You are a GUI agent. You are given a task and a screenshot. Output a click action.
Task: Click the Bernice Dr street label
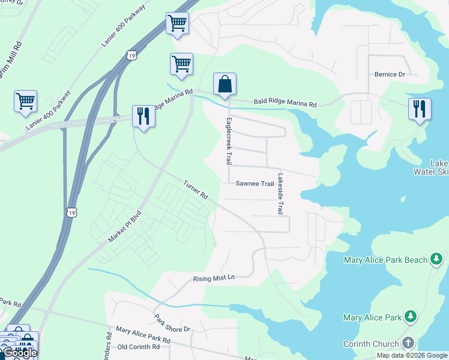pos(390,74)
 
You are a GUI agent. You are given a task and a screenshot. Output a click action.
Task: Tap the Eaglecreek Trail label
pos(228,142)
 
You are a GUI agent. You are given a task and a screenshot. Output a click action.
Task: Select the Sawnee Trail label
pos(255,184)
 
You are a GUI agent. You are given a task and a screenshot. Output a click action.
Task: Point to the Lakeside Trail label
pos(280,194)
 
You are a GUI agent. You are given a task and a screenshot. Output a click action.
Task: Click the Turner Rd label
pos(196,190)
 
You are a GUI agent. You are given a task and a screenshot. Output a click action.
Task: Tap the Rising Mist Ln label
pos(213,279)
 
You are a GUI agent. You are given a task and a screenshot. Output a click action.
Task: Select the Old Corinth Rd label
pos(139,347)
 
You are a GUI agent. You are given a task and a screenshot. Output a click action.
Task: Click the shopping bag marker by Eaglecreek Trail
pos(224,85)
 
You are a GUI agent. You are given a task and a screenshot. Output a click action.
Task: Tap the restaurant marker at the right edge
pos(419,109)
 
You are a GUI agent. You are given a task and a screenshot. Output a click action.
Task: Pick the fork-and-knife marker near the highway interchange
pos(143,115)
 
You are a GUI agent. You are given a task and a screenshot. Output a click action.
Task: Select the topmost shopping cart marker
pos(177,23)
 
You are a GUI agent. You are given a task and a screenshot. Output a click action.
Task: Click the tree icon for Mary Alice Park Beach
pos(437,260)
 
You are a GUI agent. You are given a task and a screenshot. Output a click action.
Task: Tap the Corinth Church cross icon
pos(408,344)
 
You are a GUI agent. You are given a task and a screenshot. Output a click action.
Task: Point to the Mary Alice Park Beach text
pos(385,260)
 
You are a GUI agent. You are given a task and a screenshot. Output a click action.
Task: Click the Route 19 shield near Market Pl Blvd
pos(72,212)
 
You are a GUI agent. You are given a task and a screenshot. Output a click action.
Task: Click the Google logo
pos(20,353)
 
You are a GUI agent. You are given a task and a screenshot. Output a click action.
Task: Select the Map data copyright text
pos(411,355)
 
